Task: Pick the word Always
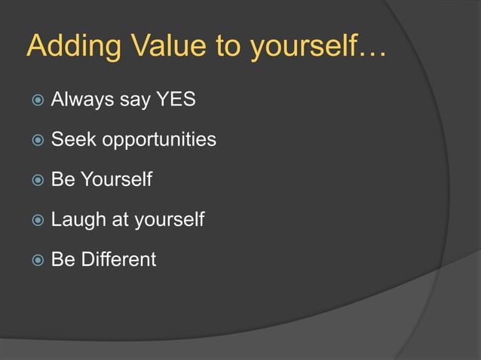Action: [78, 99]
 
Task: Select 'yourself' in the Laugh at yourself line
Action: [170, 221]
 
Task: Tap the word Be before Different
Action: [63, 260]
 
